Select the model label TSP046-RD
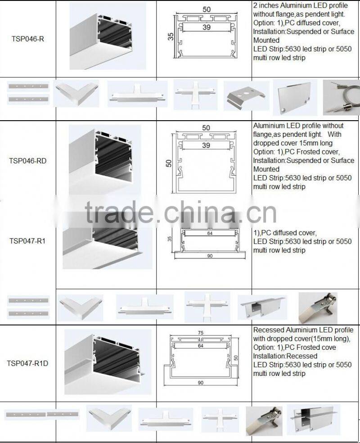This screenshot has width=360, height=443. tap(28, 160)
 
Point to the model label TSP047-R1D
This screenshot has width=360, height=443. tap(28, 363)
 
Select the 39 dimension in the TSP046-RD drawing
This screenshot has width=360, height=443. tap(206, 145)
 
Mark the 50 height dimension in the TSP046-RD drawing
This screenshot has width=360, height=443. tap(169, 162)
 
